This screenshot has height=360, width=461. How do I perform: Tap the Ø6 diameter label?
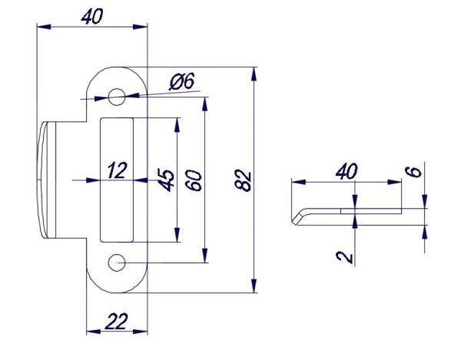point(182,81)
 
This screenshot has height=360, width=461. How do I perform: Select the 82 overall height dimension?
point(244,180)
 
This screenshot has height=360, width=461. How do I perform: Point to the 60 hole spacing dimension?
point(194,180)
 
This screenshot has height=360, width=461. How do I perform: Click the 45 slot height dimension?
point(166,180)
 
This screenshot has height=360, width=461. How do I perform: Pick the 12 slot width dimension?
point(118,170)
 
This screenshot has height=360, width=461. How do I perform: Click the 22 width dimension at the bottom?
point(117,322)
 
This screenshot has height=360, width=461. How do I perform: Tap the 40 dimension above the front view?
point(92,16)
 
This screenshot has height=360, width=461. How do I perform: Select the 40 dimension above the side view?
point(347,171)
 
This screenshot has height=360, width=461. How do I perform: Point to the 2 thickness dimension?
point(344,257)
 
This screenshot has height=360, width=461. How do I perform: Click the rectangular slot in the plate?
point(117,180)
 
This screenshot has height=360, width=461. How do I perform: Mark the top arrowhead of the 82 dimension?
point(254,74)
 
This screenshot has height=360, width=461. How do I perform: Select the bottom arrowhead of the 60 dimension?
point(205,256)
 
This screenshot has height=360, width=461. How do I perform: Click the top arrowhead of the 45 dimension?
point(177,125)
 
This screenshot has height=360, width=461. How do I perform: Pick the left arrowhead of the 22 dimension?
point(94,332)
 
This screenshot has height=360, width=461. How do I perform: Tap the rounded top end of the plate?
point(117,68)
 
